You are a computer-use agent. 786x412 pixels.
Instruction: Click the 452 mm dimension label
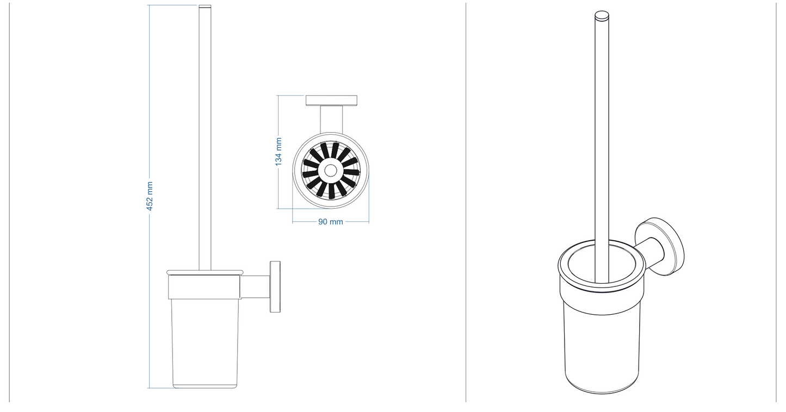(x=150, y=196)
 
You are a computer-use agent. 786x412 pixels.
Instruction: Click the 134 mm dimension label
(x=278, y=152)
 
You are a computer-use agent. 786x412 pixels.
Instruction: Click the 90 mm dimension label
(x=330, y=222)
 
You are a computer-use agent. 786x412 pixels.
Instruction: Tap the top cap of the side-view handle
(x=205, y=8)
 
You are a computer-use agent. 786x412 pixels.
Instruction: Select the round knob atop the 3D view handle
(x=601, y=16)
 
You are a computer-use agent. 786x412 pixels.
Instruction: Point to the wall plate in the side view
(x=275, y=287)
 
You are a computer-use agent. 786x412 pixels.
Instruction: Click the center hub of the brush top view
(x=330, y=171)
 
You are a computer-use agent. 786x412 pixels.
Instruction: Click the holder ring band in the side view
(x=205, y=288)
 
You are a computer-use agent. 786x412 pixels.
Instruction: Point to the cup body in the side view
(x=205, y=342)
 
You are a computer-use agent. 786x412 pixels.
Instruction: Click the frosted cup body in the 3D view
(x=601, y=348)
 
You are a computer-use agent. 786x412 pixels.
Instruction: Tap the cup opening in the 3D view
(x=582, y=266)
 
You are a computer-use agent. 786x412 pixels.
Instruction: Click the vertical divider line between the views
(x=466, y=201)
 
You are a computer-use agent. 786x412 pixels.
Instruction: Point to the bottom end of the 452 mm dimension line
(x=149, y=388)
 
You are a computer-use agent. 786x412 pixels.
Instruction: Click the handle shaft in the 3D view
(x=601, y=136)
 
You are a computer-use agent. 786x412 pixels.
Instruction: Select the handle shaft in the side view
(x=205, y=136)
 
